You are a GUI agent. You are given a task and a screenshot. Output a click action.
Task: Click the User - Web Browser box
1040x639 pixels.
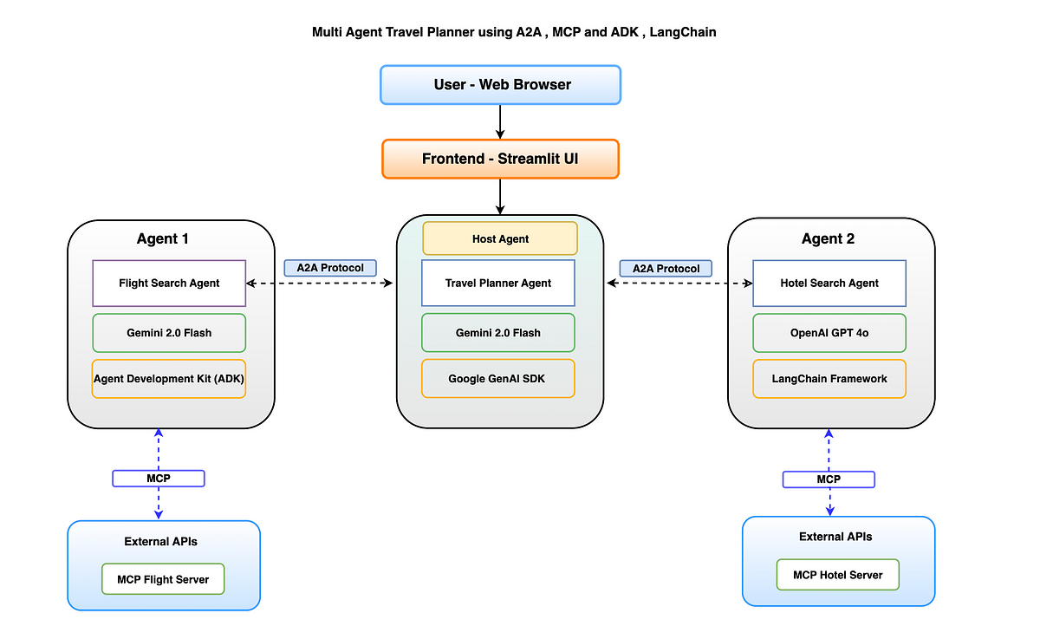pyautogui.click(x=501, y=84)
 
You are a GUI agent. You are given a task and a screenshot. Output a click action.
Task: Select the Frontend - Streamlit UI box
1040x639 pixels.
pyautogui.click(x=501, y=159)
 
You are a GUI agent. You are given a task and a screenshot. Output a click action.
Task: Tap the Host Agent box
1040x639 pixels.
pyautogui.click(x=500, y=238)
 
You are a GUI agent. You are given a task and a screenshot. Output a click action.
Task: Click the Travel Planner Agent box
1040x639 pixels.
pyautogui.click(x=498, y=283)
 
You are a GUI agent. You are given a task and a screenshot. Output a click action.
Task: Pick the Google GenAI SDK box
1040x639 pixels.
pyautogui.click(x=498, y=379)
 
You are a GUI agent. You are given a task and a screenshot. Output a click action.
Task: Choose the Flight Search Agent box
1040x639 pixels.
pyautogui.click(x=169, y=284)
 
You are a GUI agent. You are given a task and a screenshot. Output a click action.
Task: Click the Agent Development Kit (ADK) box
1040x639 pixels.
pyautogui.click(x=169, y=379)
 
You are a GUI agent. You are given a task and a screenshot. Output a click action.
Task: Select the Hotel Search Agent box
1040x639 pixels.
pyautogui.click(x=829, y=284)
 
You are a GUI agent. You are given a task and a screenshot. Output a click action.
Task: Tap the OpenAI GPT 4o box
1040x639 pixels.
pyautogui.click(x=829, y=333)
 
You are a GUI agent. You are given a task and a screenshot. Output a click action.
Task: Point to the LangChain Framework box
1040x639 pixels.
pyautogui.click(x=829, y=379)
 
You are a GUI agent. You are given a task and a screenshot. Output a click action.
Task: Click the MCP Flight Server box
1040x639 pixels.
pyautogui.click(x=163, y=579)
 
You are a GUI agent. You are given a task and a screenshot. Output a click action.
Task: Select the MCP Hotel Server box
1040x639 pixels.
pyautogui.click(x=837, y=575)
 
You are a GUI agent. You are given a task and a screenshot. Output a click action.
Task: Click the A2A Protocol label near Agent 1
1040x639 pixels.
pyautogui.click(x=330, y=268)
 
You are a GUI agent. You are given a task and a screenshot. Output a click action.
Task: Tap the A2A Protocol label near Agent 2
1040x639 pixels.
pyautogui.click(x=666, y=269)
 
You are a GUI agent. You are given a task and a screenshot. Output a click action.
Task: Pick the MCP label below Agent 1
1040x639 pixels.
pyautogui.click(x=159, y=479)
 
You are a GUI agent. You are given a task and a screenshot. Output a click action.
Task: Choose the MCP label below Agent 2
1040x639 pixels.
pyautogui.click(x=829, y=479)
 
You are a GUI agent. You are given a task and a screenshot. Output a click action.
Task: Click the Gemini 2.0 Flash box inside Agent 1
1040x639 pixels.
pyautogui.click(x=169, y=333)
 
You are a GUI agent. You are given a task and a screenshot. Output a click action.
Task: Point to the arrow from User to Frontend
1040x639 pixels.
pyautogui.click(x=500, y=121)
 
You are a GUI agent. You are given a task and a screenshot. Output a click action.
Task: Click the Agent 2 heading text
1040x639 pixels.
pyautogui.click(x=828, y=238)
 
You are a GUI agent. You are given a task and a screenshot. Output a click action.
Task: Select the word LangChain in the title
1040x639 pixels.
pyautogui.click(x=683, y=32)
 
